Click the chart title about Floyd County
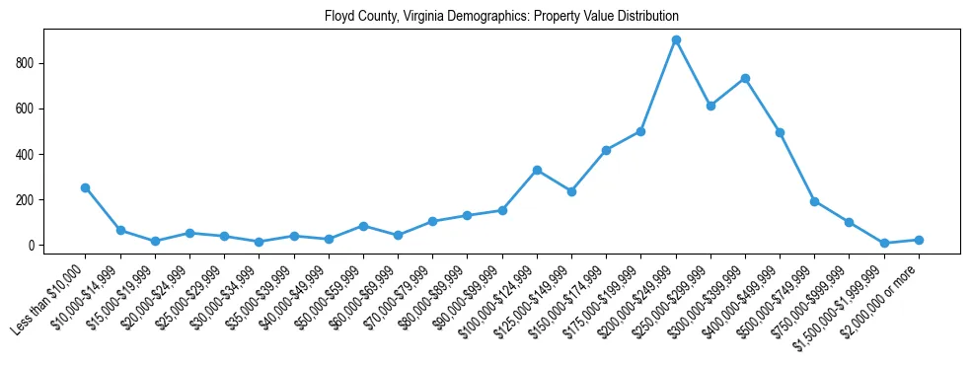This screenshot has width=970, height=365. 501,17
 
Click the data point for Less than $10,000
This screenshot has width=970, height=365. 85,187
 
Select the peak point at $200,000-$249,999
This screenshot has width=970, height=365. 676,40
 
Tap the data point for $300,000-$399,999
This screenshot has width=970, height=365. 745,78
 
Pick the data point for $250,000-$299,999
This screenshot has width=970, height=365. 710,106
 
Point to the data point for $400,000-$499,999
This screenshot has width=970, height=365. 780,132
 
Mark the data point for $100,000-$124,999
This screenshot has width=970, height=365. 537,170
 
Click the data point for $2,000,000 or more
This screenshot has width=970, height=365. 919,240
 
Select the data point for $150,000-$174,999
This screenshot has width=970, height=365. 606,150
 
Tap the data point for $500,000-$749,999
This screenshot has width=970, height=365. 814,201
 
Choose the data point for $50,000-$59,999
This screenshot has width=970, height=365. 363,226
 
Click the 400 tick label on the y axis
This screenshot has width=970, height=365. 27,154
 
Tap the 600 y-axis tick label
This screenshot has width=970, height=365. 27,109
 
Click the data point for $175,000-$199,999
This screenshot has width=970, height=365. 640,131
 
